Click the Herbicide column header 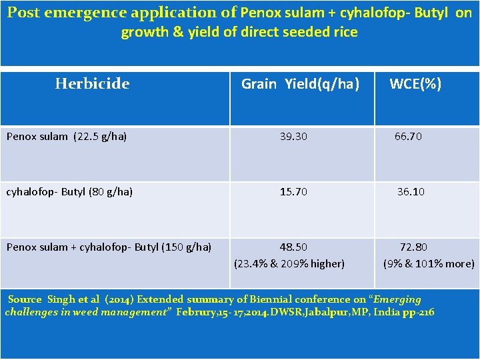92,83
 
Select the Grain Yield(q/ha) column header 300,83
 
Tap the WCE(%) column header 415,83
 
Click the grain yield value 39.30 293,136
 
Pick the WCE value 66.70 408,136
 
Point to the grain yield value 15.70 293,191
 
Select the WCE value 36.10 411,191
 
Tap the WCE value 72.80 413,247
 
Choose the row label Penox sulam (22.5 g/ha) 67,137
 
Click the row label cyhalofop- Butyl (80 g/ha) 69,192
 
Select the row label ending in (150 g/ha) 109,247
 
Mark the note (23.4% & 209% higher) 289,263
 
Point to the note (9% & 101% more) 429,263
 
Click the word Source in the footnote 25,300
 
